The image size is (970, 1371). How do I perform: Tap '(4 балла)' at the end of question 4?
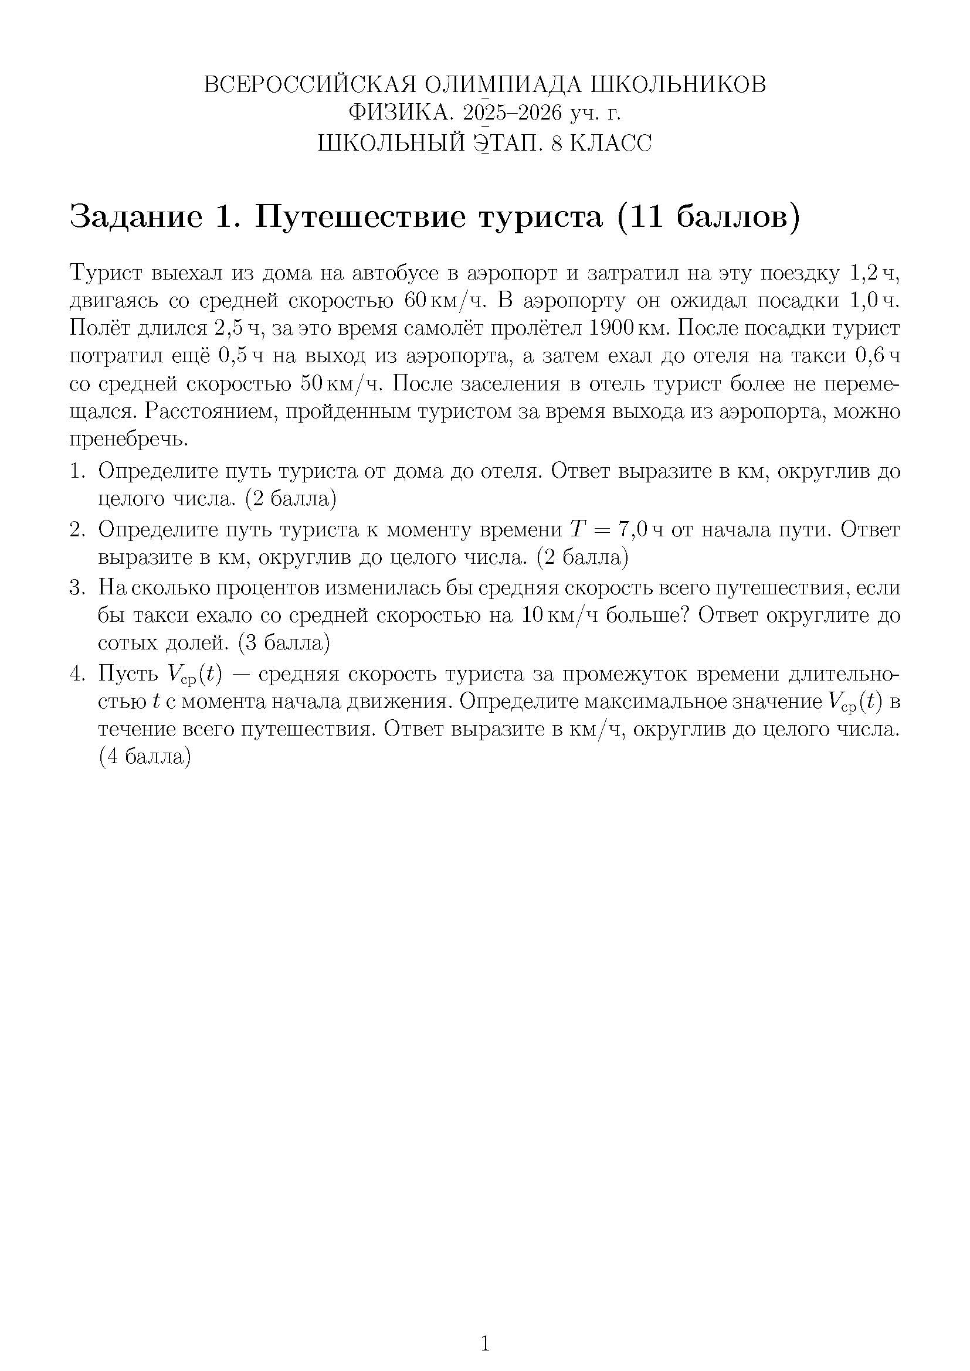[144, 757]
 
